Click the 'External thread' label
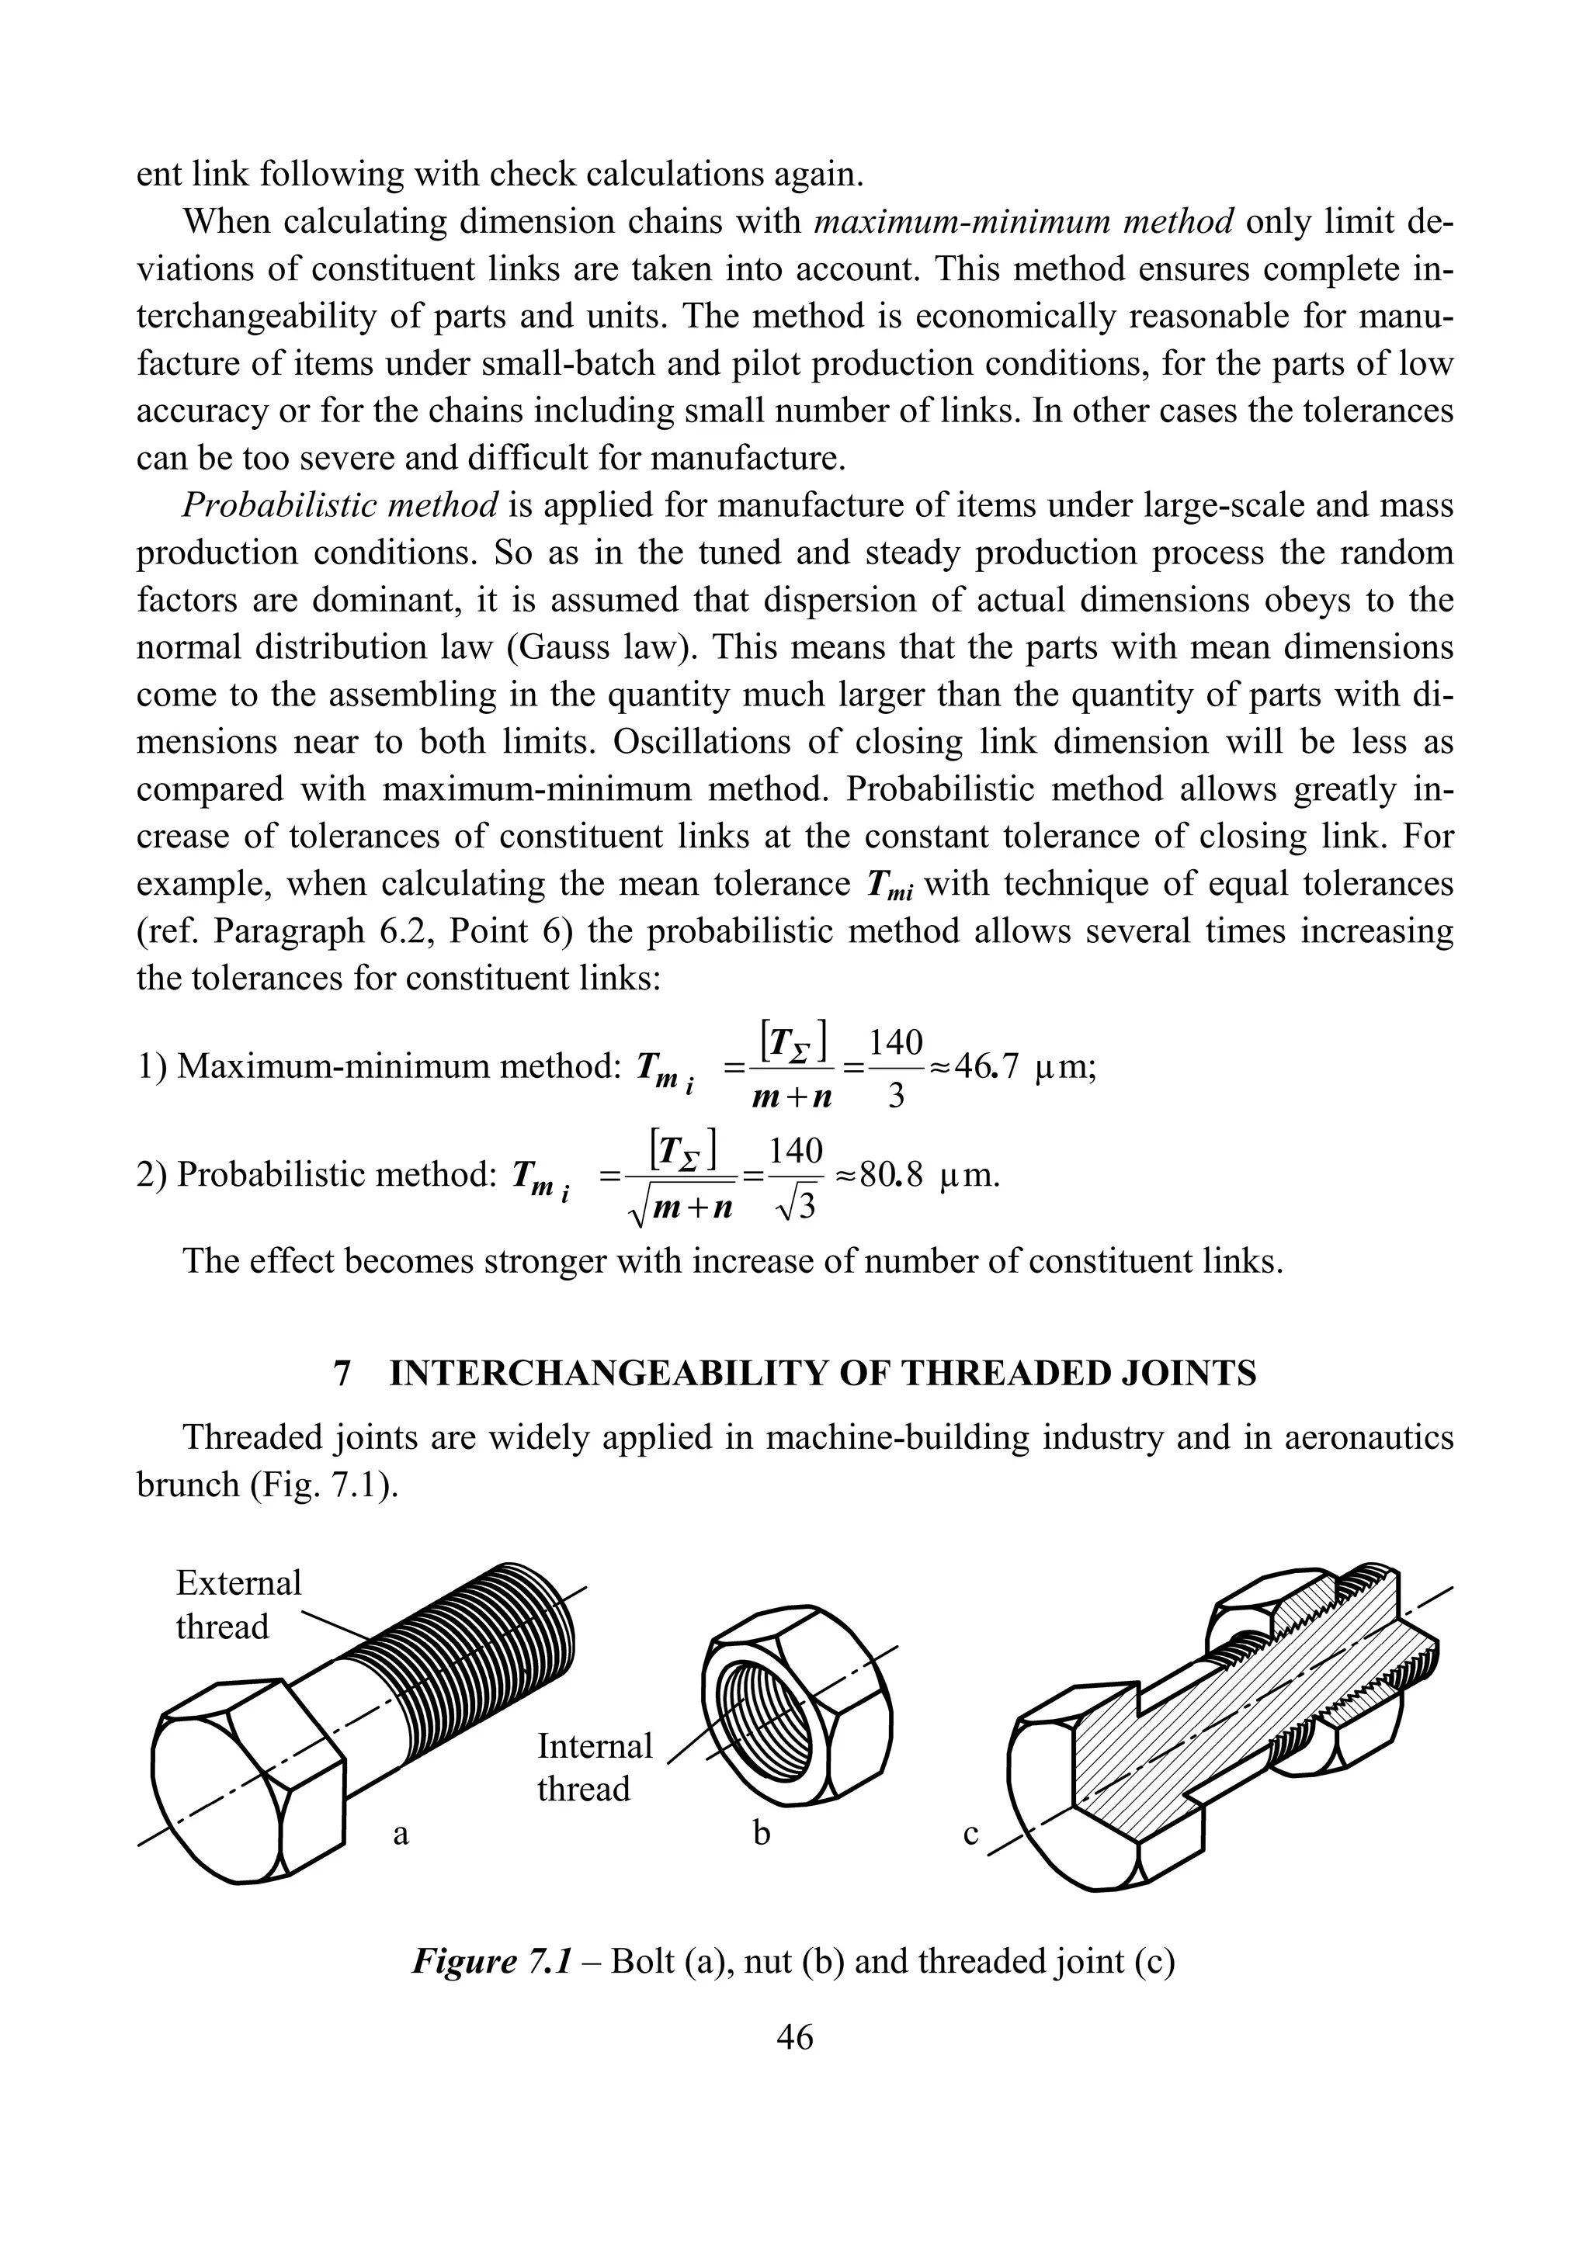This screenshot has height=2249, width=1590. (238, 1603)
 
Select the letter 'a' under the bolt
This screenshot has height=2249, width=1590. (401, 1833)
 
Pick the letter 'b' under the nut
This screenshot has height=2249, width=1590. (761, 1833)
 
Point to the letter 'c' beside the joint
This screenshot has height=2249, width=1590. (971, 1833)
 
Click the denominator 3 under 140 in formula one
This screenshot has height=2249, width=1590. (894, 1097)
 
